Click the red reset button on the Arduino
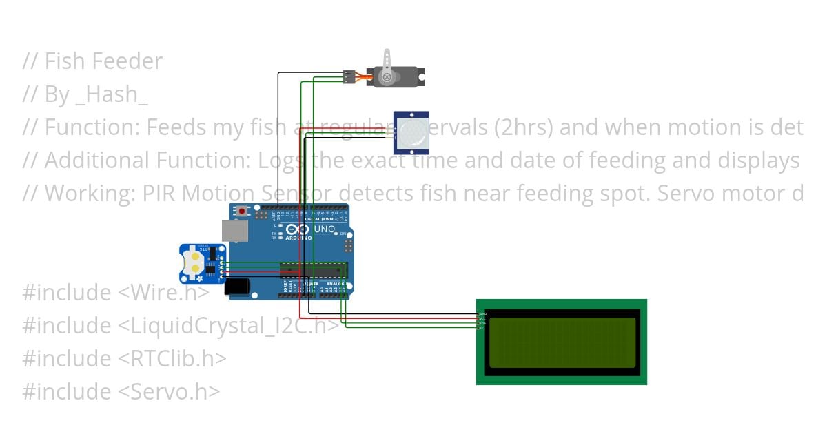pos(241,210)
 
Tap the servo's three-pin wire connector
pos(349,76)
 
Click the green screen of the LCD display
pos(562,342)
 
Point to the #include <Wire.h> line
pos(115,293)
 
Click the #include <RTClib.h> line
pos(124,359)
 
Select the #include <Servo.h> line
pos(121,392)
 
